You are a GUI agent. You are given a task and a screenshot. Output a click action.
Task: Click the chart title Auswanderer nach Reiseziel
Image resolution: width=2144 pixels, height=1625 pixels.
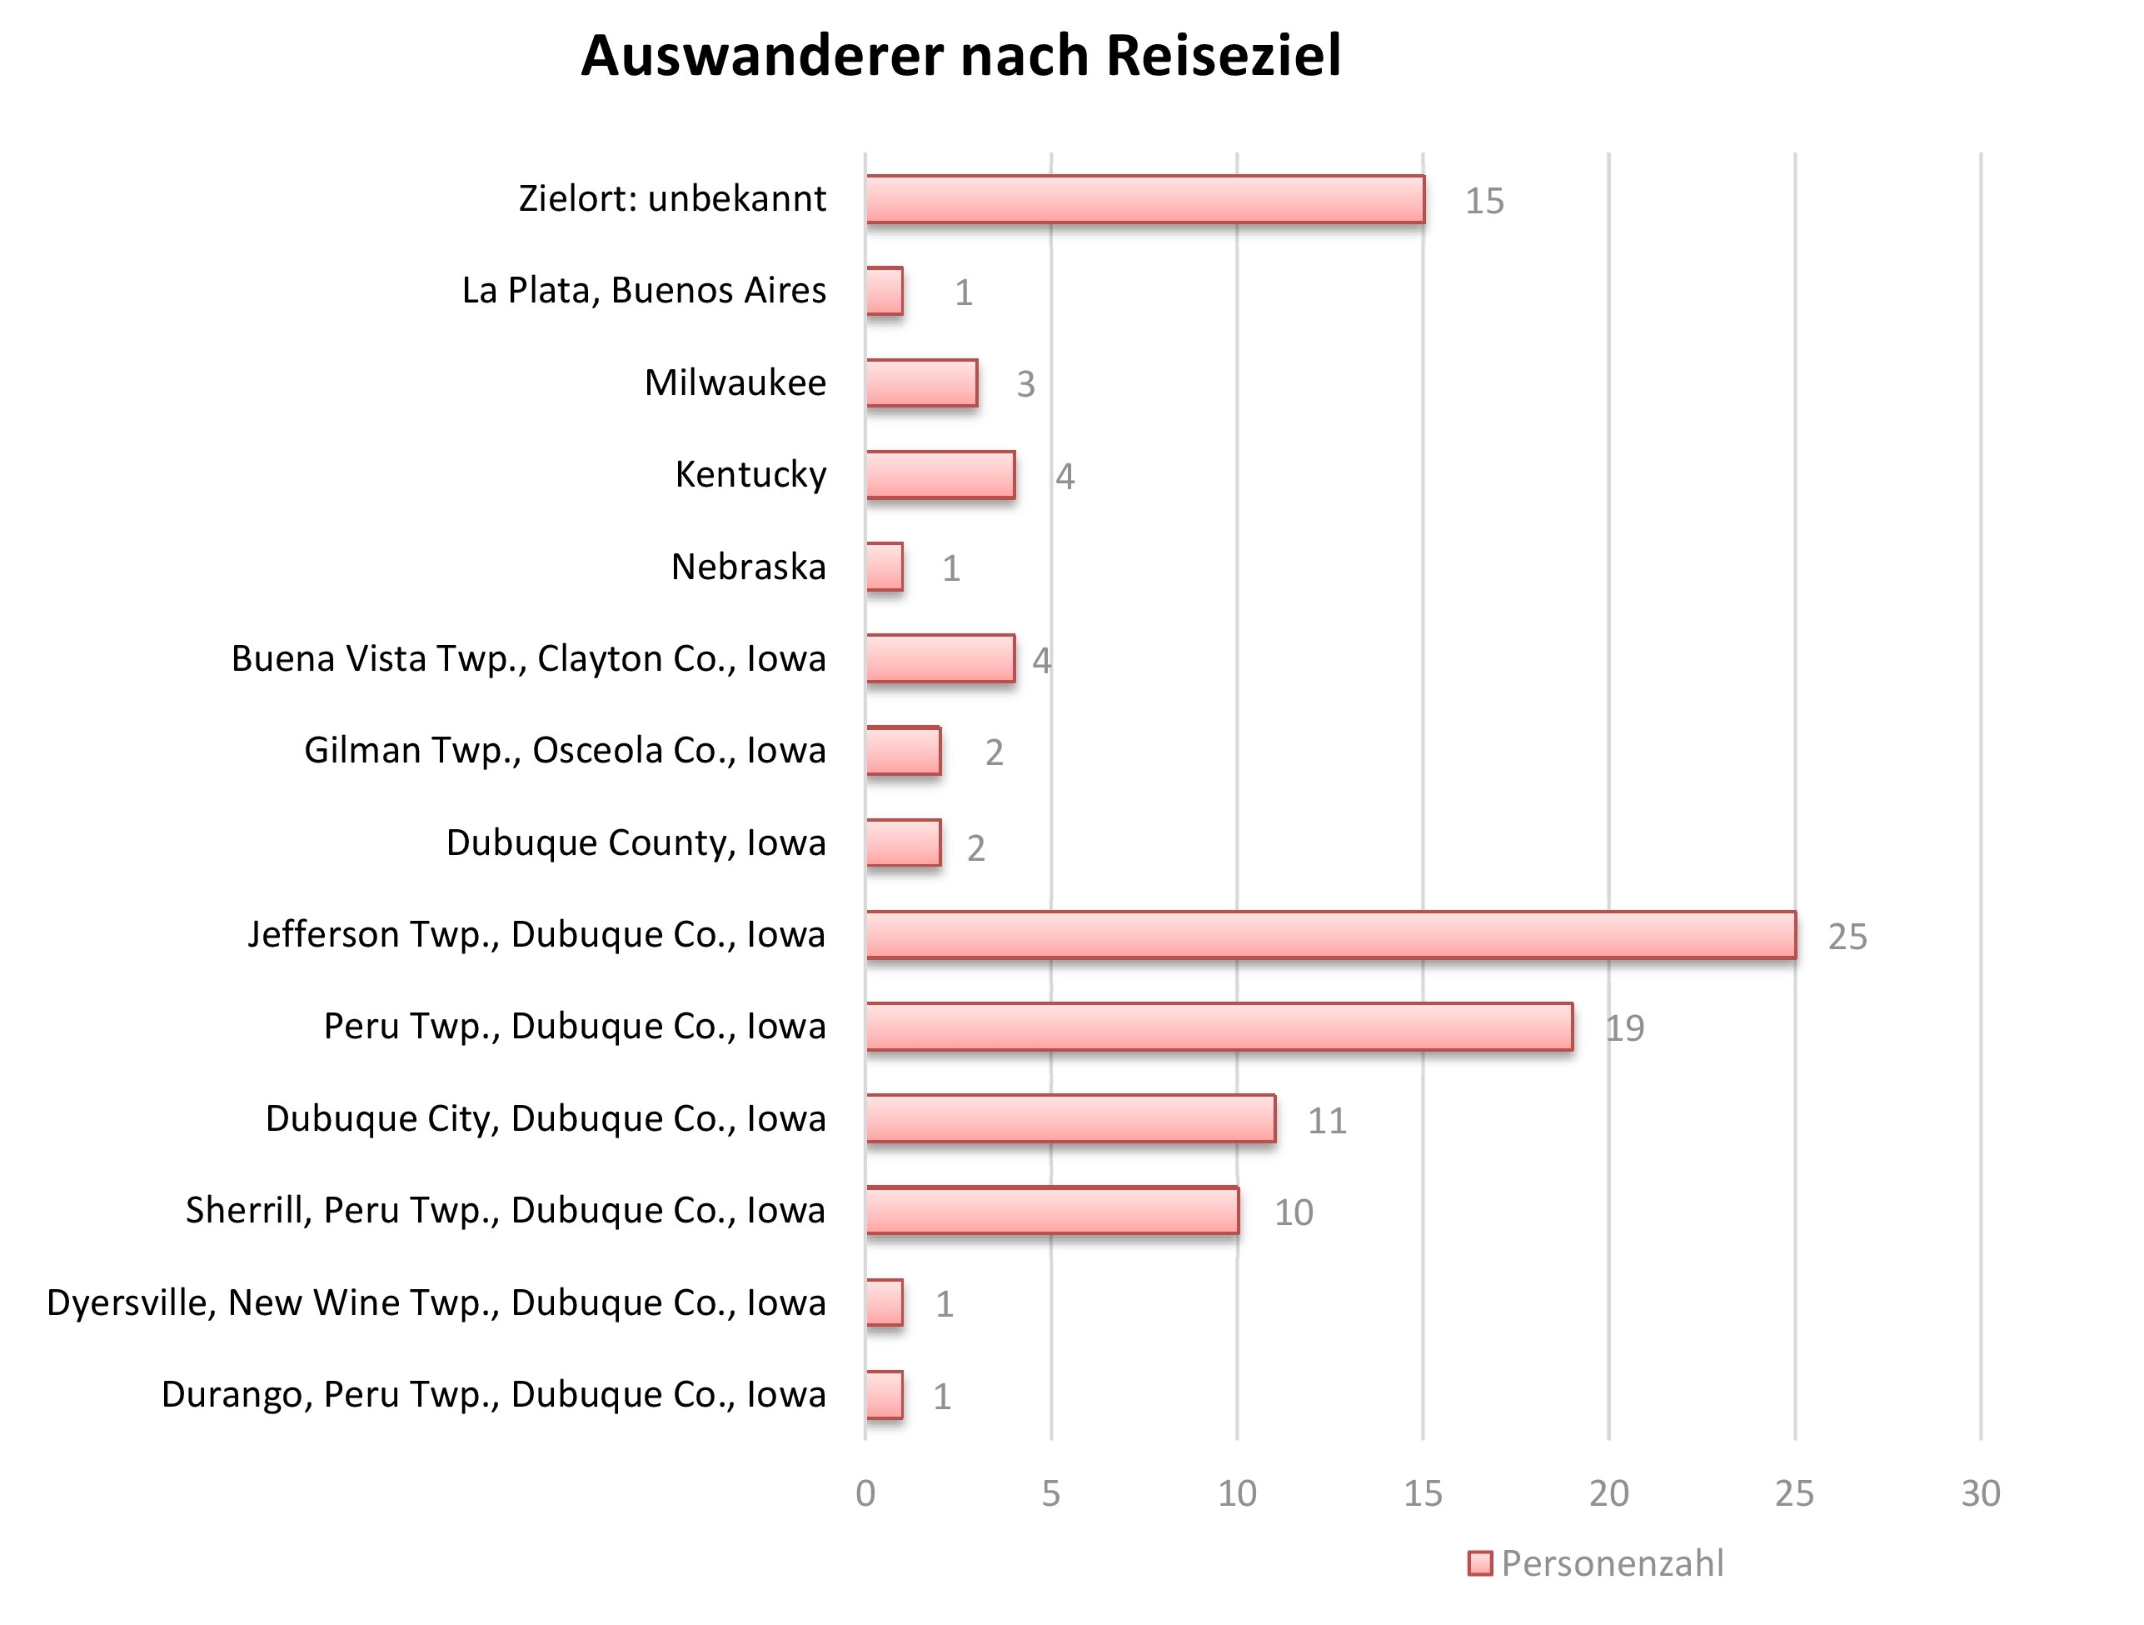tap(960, 55)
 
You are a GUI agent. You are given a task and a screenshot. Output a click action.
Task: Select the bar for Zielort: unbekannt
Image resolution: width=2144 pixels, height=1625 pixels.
tap(1144, 200)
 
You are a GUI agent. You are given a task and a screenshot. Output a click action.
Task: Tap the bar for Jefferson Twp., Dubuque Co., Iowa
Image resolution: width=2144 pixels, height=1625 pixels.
tap(1330, 935)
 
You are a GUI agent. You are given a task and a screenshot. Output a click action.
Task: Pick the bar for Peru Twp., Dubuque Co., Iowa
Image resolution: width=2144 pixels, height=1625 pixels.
tap(1219, 1027)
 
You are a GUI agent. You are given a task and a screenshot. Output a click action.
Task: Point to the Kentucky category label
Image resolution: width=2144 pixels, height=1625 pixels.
tap(750, 474)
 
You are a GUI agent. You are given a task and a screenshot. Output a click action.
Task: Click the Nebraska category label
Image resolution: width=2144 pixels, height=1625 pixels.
tap(748, 566)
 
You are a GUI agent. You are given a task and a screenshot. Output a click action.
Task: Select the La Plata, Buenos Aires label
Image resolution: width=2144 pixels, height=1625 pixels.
tap(644, 290)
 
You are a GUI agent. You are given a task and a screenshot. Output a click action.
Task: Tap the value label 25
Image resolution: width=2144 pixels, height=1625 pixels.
tap(1847, 937)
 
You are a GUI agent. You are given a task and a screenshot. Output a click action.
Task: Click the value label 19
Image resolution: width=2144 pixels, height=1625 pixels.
tap(1624, 1027)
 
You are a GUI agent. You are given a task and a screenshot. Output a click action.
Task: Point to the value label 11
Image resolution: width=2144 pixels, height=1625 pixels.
tap(1326, 1121)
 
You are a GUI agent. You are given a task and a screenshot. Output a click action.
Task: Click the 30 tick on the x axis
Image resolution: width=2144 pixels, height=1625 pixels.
tap(1980, 1494)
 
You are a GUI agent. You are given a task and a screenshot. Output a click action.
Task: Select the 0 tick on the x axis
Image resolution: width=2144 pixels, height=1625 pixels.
tap(865, 1494)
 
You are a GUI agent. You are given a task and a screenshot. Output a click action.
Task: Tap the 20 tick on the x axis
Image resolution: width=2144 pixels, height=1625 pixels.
tap(1608, 1494)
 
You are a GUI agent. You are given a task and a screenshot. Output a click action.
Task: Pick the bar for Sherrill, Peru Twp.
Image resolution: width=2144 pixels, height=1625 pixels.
tap(1052, 1210)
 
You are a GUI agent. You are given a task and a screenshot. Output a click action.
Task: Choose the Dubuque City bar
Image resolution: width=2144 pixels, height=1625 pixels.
tap(1070, 1117)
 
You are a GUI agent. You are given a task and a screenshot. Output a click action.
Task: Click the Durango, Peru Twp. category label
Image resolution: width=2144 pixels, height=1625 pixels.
tap(493, 1394)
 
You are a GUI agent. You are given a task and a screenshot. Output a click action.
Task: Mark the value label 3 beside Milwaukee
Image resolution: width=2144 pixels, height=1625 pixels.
tap(1025, 385)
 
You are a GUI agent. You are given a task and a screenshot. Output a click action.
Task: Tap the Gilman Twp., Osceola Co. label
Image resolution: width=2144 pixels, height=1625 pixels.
tap(565, 751)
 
